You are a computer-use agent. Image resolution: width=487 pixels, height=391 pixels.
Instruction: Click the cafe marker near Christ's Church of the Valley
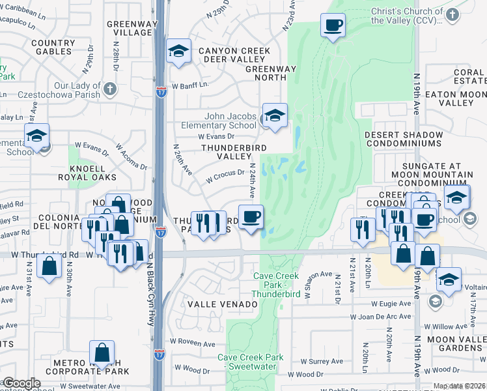click(x=333, y=26)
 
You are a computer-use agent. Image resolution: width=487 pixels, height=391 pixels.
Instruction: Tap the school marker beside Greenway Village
click(x=177, y=51)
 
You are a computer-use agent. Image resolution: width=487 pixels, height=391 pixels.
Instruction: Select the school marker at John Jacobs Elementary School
click(x=275, y=115)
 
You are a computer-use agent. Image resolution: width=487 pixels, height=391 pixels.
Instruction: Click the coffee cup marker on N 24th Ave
click(x=251, y=216)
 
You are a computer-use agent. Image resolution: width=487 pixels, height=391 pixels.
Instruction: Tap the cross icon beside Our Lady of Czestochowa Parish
click(x=110, y=88)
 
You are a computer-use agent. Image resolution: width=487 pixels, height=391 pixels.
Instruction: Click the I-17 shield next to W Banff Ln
click(x=161, y=92)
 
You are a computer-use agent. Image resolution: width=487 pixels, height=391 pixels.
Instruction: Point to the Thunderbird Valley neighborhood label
click(x=225, y=152)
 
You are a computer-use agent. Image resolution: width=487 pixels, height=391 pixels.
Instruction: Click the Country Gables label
click(x=44, y=47)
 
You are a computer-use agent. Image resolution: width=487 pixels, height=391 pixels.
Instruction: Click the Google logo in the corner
click(x=21, y=383)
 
